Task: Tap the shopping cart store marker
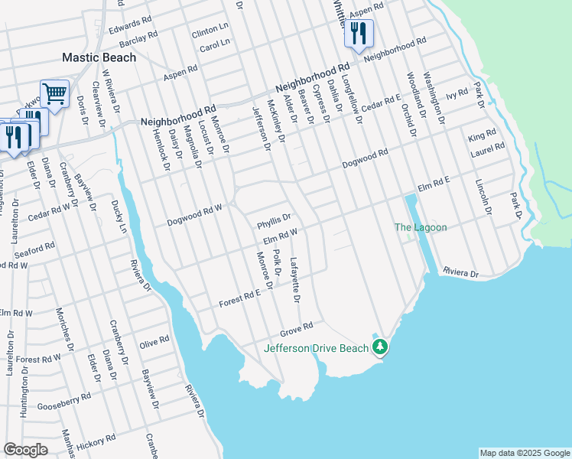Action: click(54, 94)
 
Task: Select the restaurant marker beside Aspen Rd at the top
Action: click(358, 33)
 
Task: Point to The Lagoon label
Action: click(420, 227)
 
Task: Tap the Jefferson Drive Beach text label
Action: click(316, 348)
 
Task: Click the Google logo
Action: click(25, 449)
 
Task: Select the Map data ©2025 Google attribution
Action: click(525, 453)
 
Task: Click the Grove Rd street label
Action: click(297, 329)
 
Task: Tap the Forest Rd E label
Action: click(240, 297)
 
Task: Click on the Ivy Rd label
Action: click(457, 94)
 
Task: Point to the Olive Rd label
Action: click(154, 341)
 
